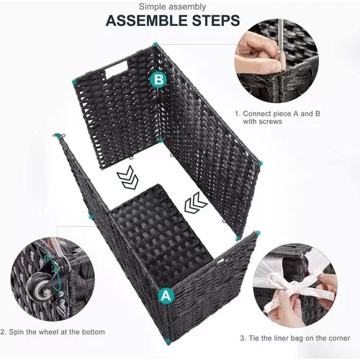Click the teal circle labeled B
coord(158,79)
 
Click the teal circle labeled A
coord(166,296)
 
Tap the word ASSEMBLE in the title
coord(146,20)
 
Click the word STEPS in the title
coord(216,20)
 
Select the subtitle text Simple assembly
coord(172,7)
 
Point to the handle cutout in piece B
coord(117,68)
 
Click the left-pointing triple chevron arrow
coord(195,203)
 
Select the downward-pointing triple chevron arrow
coord(128,177)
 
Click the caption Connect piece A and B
coord(282,114)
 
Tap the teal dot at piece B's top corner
coord(155,45)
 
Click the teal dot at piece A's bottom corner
coord(168,342)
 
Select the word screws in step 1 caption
coord(270,122)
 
